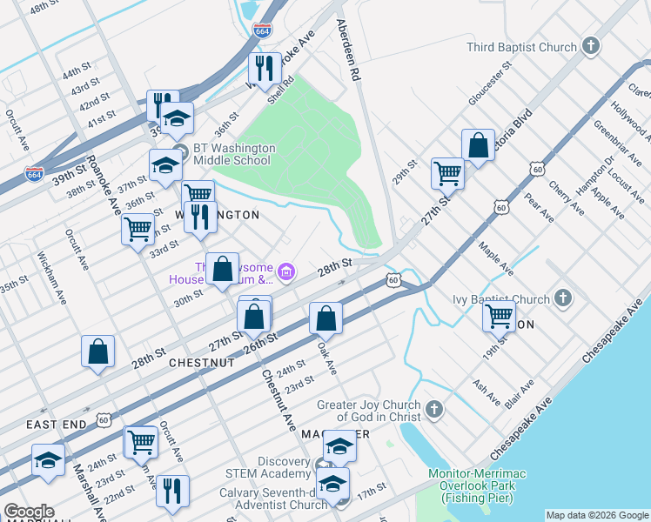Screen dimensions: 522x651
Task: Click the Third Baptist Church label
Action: point(521,47)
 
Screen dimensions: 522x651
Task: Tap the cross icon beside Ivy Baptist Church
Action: point(563,298)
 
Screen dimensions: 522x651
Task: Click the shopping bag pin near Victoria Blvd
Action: point(478,145)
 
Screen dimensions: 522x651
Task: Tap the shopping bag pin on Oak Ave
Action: point(325,318)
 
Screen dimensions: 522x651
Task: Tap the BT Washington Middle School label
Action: point(234,154)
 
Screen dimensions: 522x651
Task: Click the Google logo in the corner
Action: point(29,512)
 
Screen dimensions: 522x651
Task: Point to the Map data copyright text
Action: point(596,515)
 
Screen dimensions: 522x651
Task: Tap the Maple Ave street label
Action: point(496,258)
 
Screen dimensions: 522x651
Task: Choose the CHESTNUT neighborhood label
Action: point(202,362)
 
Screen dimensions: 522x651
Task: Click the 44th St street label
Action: point(76,69)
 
